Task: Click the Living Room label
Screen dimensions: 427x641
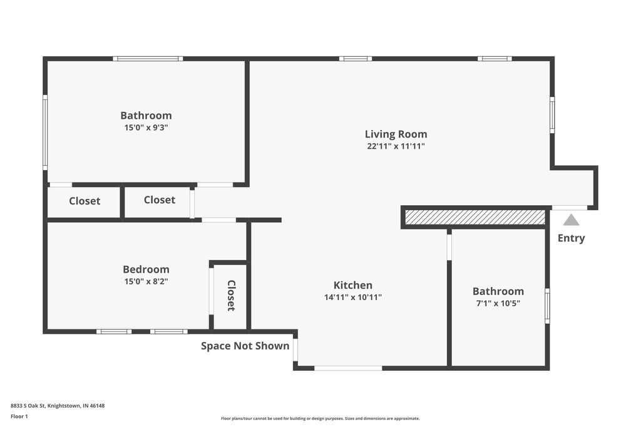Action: pos(396,134)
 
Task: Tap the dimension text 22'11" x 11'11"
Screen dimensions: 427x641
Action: pos(396,146)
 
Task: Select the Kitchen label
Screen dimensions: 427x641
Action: pos(352,285)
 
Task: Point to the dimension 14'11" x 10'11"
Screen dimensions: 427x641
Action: pos(352,298)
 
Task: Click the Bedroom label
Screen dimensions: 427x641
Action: pos(146,269)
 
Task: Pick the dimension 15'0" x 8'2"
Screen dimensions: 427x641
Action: pos(146,281)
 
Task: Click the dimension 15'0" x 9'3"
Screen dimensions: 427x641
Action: pos(146,128)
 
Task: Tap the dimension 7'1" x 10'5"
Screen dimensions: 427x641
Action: pos(498,303)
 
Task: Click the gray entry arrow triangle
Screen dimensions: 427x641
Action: pos(571,220)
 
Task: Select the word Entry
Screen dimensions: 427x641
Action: pos(571,238)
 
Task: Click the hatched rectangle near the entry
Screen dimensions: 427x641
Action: pos(475,217)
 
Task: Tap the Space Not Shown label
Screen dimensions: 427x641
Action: pos(245,346)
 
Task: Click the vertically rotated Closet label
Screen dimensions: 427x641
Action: pos(231,296)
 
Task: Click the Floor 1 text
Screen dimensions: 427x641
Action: pos(19,416)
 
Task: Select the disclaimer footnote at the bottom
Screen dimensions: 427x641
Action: pos(320,418)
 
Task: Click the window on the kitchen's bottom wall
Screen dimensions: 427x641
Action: pos(348,368)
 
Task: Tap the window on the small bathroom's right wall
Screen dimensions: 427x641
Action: pos(547,305)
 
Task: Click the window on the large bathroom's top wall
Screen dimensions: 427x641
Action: pos(148,59)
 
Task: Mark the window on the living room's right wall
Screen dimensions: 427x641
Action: pos(551,114)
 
